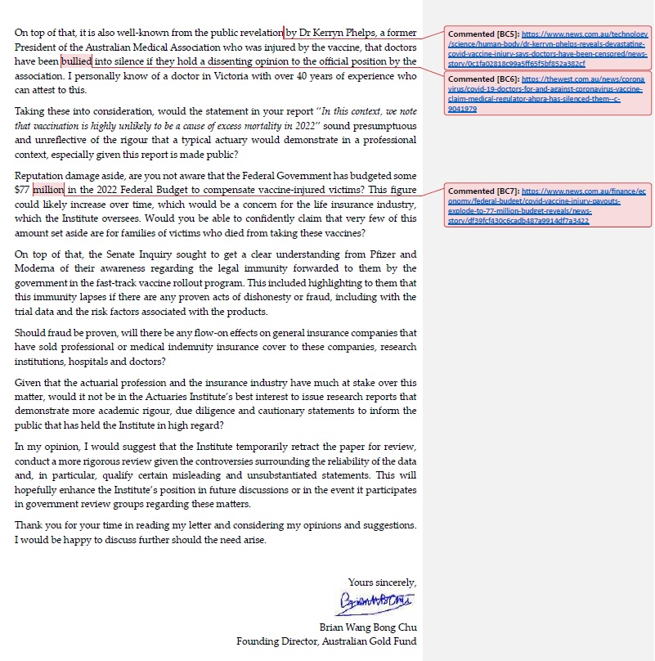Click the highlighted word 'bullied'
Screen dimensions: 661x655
pos(77,61)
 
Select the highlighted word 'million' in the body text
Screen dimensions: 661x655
pos(47,190)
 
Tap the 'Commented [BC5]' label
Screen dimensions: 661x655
pos(483,34)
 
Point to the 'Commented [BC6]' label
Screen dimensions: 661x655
pos(483,79)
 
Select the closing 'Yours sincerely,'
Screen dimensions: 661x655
pos(382,582)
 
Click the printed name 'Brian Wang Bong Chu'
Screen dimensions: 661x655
pos(368,627)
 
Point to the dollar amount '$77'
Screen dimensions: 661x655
pos(22,190)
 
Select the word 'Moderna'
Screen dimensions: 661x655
pos(34,268)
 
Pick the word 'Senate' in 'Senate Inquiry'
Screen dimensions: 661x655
pos(127,254)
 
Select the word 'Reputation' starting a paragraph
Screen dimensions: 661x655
pos(40,176)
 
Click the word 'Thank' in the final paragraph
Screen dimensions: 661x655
pos(29,525)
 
